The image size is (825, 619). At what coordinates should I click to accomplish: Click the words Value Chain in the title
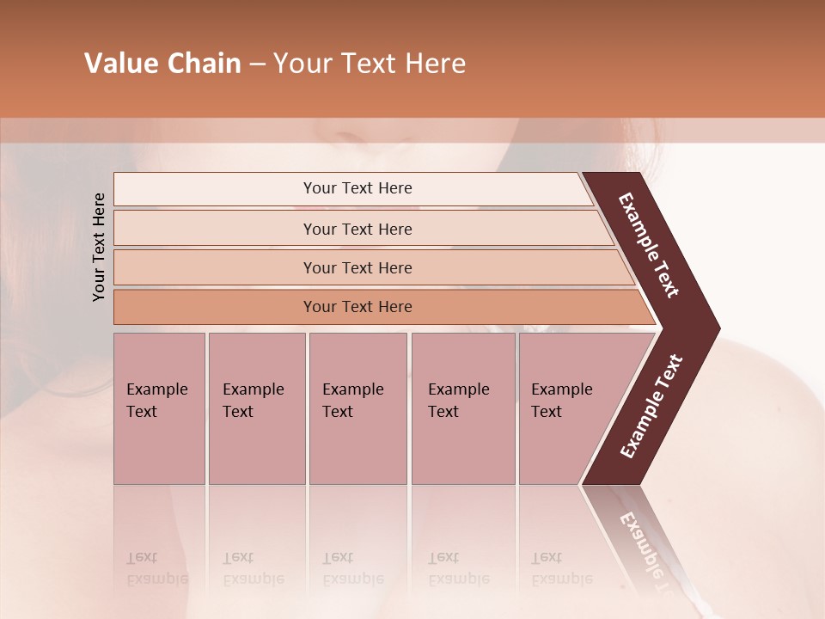162,64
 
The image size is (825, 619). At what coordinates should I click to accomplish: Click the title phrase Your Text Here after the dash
370,64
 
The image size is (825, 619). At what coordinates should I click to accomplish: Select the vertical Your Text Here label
100,248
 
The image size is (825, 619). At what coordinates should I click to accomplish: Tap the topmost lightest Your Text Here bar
357,188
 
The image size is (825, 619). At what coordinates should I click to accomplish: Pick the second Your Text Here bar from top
357,229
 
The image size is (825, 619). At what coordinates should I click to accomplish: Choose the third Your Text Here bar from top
357,267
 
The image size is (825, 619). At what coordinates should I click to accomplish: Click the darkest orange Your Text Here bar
357,307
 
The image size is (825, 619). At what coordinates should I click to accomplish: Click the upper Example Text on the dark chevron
649,245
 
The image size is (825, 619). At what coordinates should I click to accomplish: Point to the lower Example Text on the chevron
651,407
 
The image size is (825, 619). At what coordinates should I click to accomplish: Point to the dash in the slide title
257,64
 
